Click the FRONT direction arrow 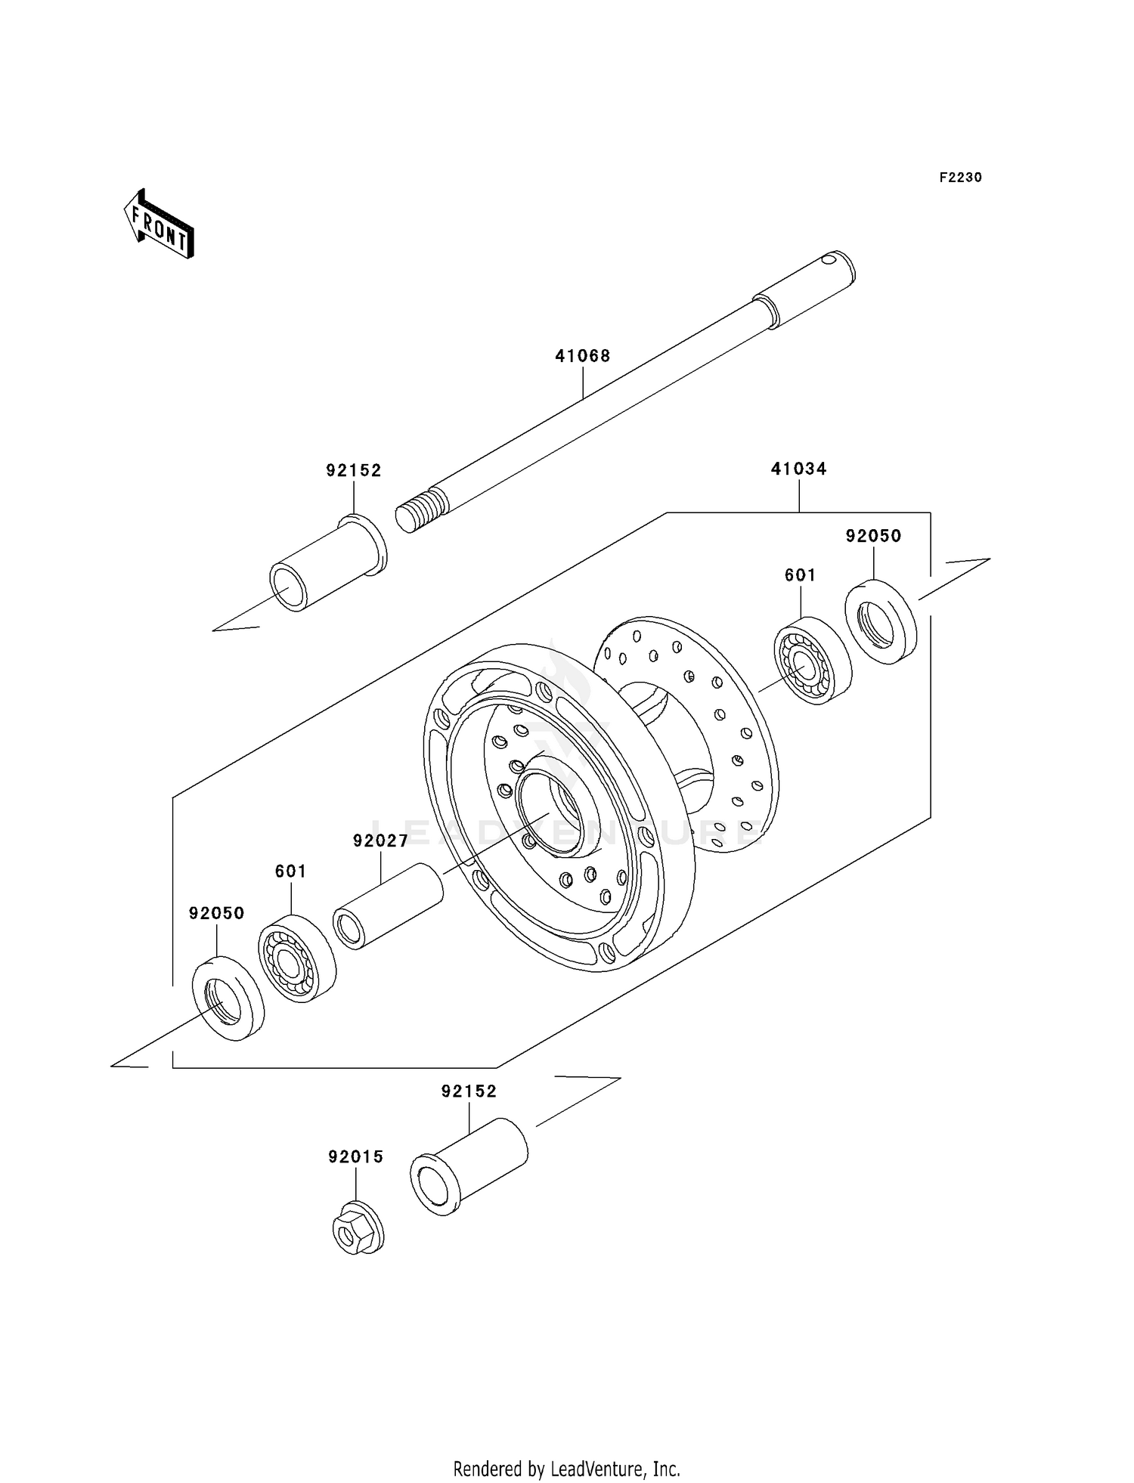[160, 225]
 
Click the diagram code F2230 [960, 178]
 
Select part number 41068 [582, 356]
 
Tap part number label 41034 [798, 469]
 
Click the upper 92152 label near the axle [353, 471]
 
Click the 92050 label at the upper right [873, 537]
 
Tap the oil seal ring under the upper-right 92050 [880, 621]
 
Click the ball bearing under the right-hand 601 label [812, 661]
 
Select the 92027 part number [380, 841]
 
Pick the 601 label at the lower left [290, 872]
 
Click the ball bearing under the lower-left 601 [297, 958]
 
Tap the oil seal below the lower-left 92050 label [228, 998]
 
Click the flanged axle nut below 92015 [357, 1228]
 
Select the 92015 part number [355, 1157]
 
